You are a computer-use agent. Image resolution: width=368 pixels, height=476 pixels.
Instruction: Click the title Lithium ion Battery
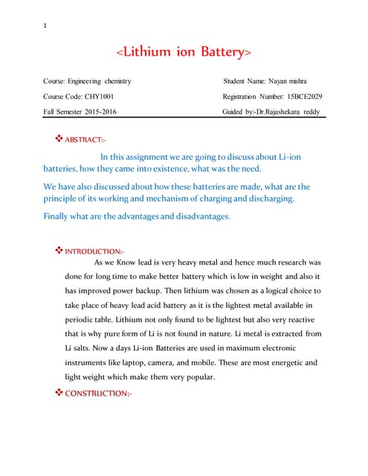pos(184,52)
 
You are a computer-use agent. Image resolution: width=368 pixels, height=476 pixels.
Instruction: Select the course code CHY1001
pos(97,96)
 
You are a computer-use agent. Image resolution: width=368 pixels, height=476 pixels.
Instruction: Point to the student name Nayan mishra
pos(294,80)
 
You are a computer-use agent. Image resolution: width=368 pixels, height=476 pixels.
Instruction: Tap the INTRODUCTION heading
pos(97,251)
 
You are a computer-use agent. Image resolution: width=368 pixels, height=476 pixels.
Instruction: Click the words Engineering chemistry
pos(101,80)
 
